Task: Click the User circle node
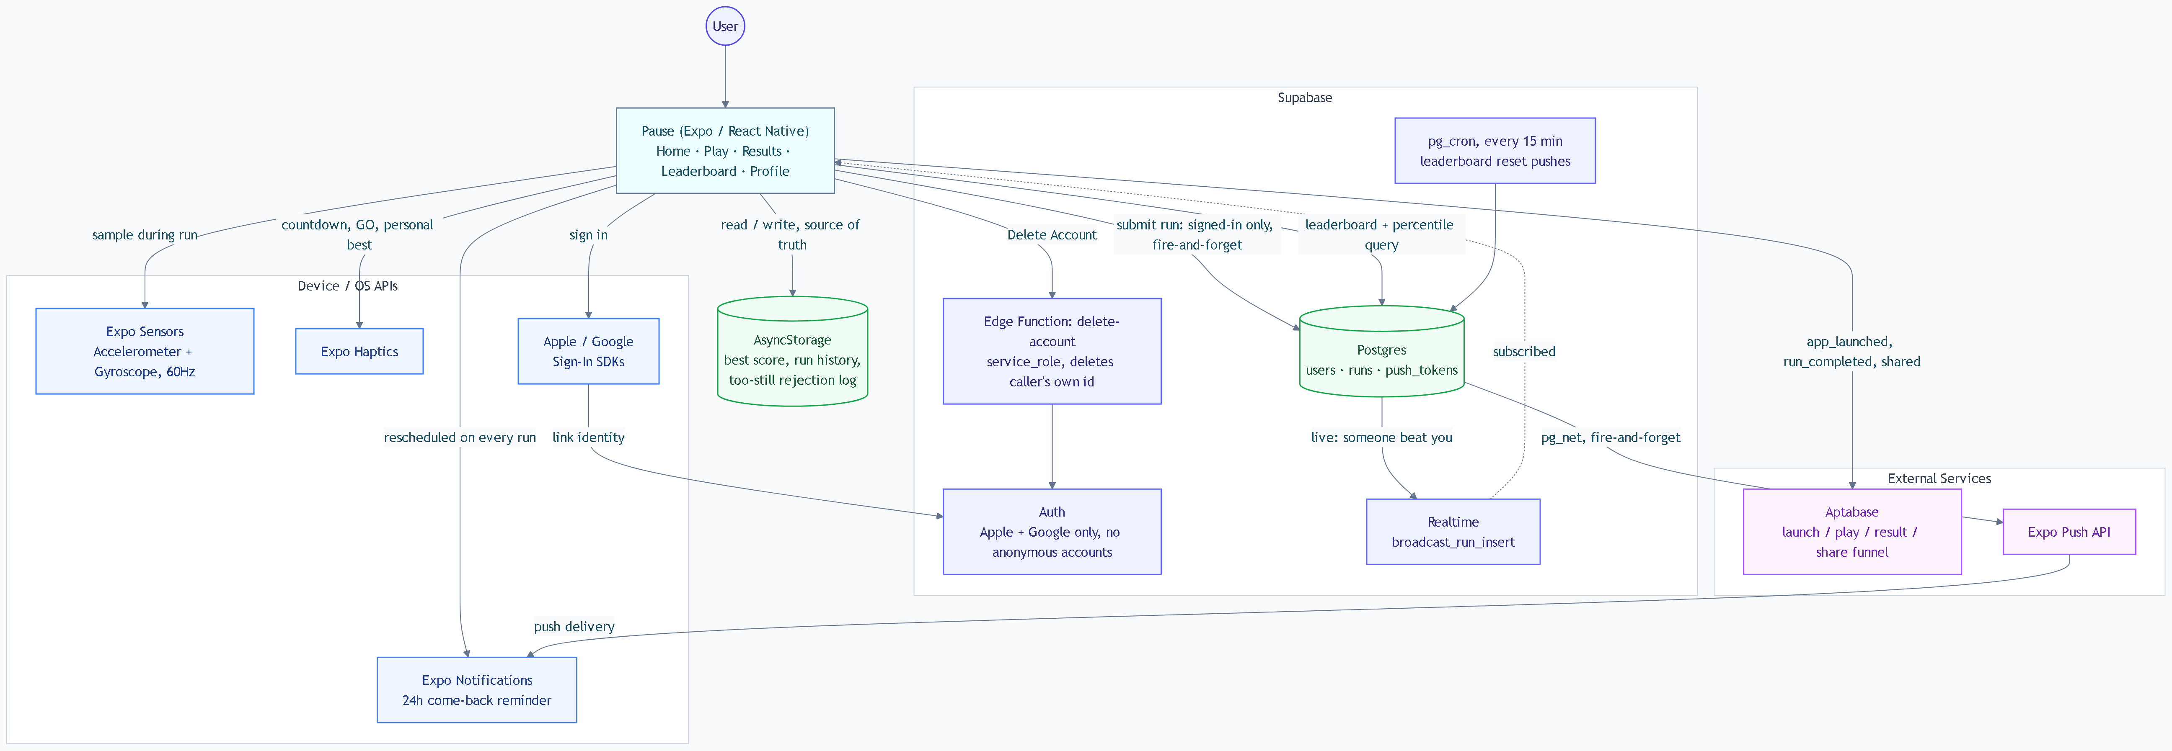click(x=725, y=26)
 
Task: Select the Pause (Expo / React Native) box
click(x=725, y=151)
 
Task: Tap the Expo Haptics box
click(x=359, y=352)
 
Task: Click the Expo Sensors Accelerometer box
click(x=145, y=352)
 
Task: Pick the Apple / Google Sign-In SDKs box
click(x=589, y=352)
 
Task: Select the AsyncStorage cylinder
click(x=793, y=352)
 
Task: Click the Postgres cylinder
click(x=1382, y=352)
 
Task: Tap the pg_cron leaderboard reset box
click(x=1495, y=151)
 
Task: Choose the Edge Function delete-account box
click(x=1052, y=352)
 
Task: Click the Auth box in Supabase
click(x=1052, y=532)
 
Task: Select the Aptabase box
click(x=1852, y=532)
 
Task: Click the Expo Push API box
click(x=2069, y=532)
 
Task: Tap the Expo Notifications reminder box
click(x=477, y=690)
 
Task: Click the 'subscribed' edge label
click(x=1523, y=352)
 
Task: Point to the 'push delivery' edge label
click(x=574, y=626)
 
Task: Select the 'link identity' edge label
click(x=589, y=437)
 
